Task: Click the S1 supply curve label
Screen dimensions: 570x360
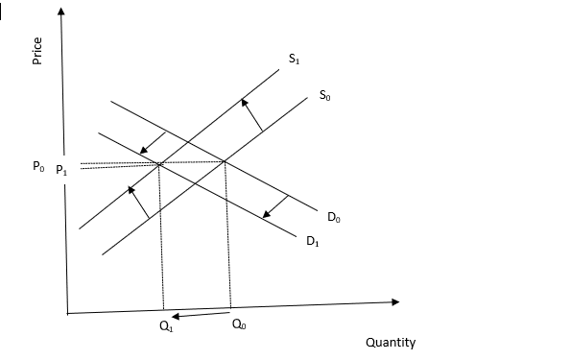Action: coord(294,59)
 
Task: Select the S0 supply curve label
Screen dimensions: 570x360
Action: coord(324,95)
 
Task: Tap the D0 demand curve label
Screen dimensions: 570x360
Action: coord(334,217)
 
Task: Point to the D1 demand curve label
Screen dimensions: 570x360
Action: coord(313,241)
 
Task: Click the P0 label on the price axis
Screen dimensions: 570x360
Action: coord(38,166)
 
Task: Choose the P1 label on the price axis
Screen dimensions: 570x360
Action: coord(61,170)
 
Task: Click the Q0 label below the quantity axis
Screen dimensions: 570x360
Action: coord(239,324)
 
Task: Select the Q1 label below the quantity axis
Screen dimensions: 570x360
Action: coord(167,326)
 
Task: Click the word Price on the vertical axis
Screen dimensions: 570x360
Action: coord(37,51)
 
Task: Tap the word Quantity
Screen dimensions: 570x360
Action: coord(391,343)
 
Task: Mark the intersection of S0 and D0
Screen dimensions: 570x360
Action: coord(224,161)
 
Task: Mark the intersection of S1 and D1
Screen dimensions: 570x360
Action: coord(159,164)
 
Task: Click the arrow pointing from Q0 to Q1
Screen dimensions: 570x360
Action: coord(201,315)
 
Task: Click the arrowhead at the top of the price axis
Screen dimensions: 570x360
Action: coord(61,11)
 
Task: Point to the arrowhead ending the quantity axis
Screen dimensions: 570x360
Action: coord(395,302)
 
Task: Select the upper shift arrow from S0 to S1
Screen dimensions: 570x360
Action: coord(252,114)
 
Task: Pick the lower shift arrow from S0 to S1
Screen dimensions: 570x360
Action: coord(138,203)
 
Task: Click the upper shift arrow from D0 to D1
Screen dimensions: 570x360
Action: coord(153,142)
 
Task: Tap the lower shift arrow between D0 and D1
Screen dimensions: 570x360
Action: coord(275,206)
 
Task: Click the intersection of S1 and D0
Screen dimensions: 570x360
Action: coord(187,141)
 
